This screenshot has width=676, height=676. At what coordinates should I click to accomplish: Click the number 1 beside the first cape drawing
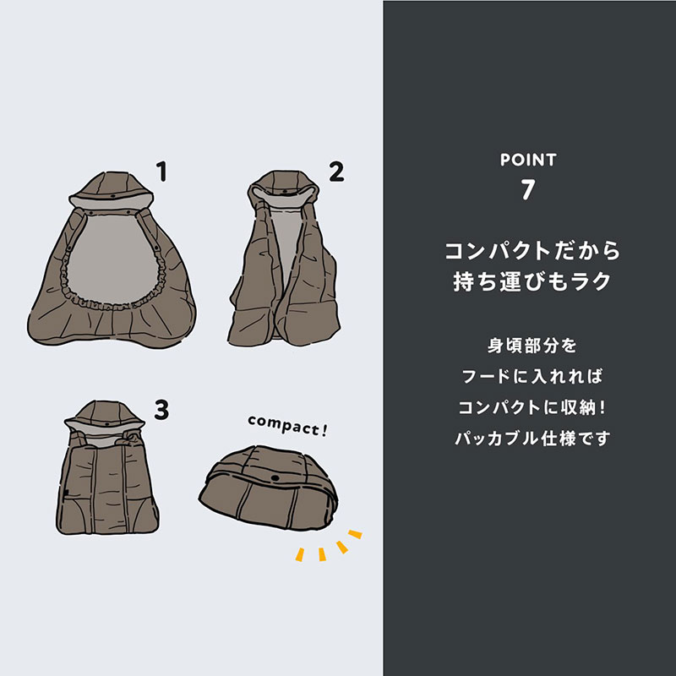point(161,172)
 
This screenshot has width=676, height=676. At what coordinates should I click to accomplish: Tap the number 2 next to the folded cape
point(336,172)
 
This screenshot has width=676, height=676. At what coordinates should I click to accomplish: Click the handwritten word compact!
point(287,425)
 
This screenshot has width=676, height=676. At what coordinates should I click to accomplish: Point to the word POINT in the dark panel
point(528,159)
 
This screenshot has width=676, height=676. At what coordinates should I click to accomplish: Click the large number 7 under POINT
point(528,190)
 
